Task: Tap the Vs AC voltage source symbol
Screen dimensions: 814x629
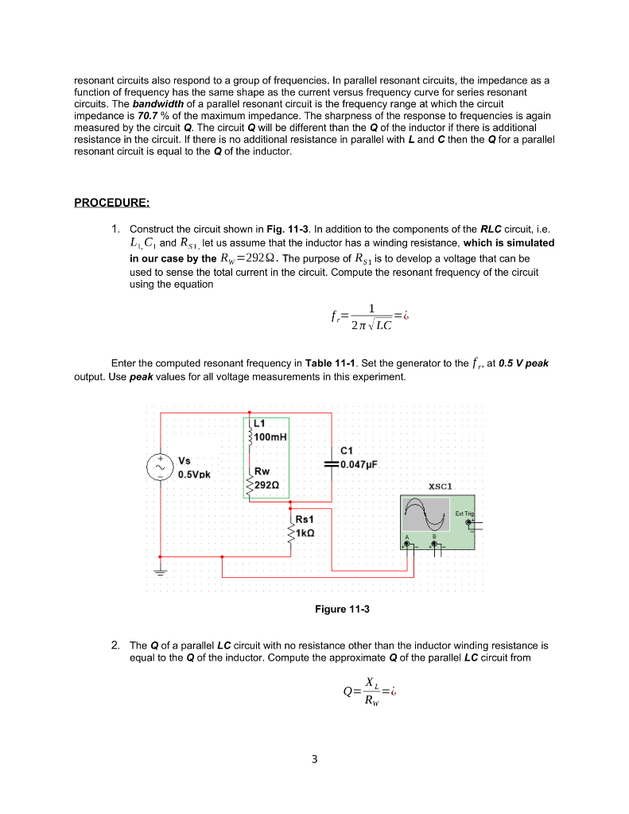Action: (161, 467)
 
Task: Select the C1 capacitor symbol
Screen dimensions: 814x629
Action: (331, 464)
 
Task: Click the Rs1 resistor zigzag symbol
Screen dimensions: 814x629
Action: (291, 526)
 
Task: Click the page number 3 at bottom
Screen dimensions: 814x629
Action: (314, 759)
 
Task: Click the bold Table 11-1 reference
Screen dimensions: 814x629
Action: (328, 363)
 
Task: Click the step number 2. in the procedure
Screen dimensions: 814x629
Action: (116, 645)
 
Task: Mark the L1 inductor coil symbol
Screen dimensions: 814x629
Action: (250, 434)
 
